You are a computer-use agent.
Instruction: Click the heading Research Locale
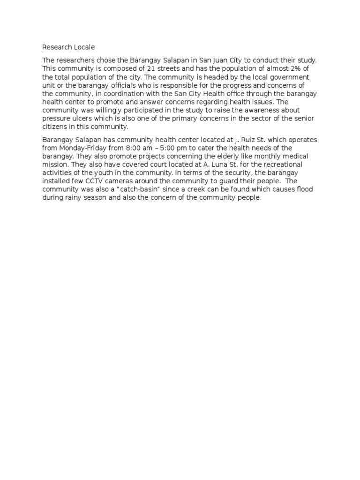[x=68, y=47]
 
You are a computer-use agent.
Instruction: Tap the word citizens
[x=55, y=127]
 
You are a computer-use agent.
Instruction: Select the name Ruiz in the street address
[x=249, y=140]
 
